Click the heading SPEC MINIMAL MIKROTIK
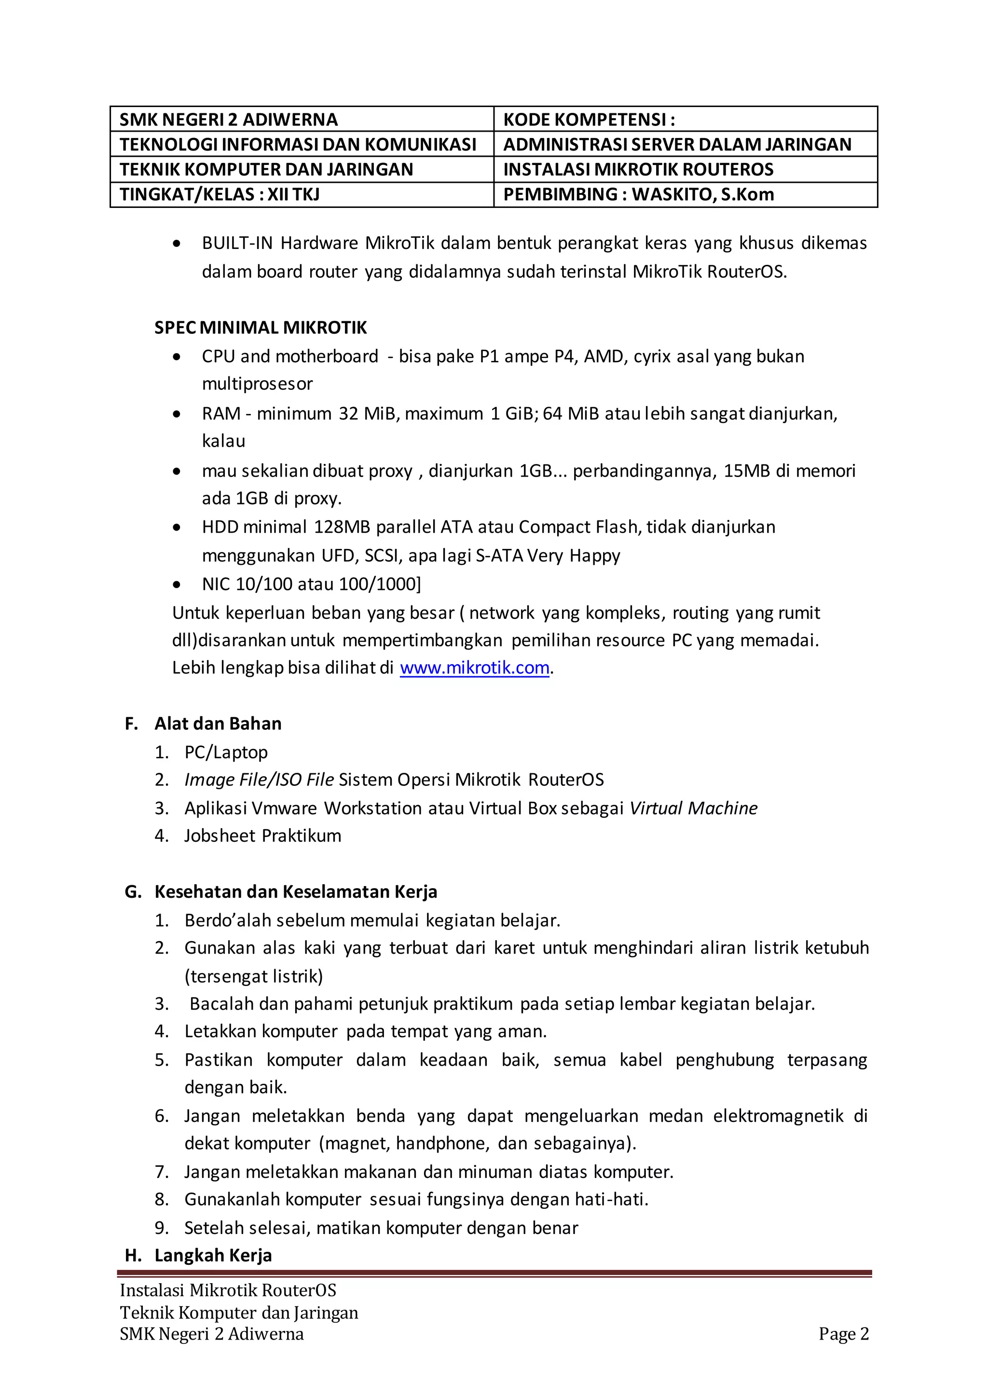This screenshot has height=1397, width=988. pyautogui.click(x=261, y=328)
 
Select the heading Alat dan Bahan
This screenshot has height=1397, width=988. pyautogui.click(x=218, y=724)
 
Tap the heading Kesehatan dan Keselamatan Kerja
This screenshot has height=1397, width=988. pyautogui.click(x=296, y=891)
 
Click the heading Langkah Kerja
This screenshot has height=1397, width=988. pyautogui.click(x=213, y=1255)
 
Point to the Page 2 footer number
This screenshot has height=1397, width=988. pyautogui.click(x=843, y=1334)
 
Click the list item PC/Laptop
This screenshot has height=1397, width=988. pyautogui.click(x=226, y=752)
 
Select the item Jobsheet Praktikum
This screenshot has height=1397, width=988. pyautogui.click(x=262, y=835)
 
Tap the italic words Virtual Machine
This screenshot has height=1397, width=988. pyautogui.click(x=694, y=808)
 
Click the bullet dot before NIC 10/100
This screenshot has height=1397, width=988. pyautogui.click(x=177, y=585)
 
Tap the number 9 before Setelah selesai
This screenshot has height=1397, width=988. pyautogui.click(x=161, y=1228)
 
